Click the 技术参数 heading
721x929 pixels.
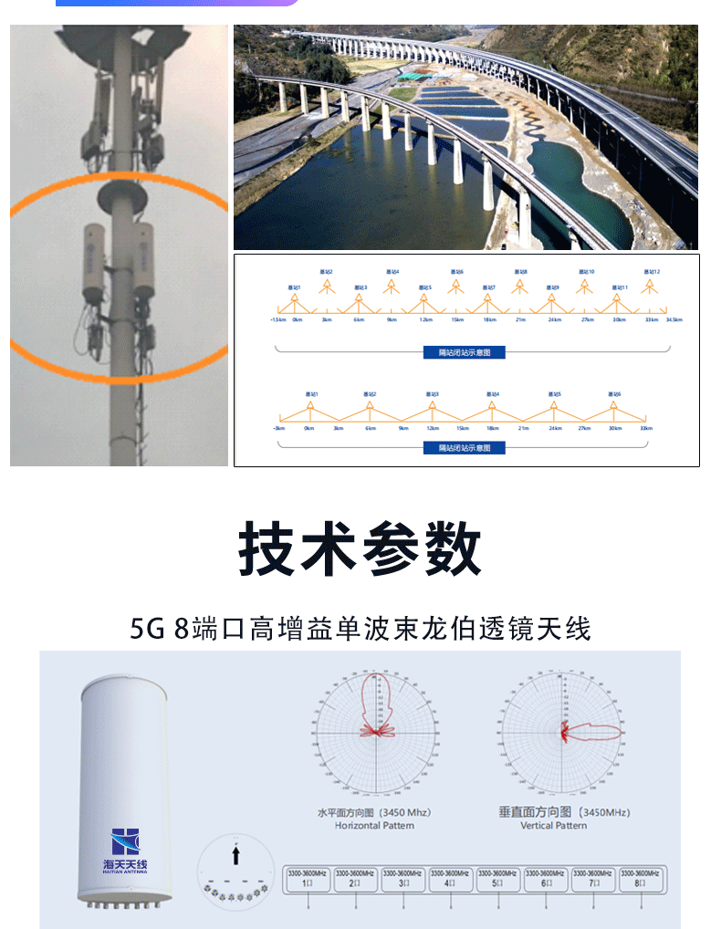pos(360,550)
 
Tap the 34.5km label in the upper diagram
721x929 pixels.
pos(674,320)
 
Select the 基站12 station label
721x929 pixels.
pos(651,272)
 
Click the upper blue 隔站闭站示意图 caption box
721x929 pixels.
pos(465,352)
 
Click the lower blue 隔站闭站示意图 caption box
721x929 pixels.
pos(465,448)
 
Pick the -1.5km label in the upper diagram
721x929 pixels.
pos(277,320)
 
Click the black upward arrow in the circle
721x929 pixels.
pos(235,854)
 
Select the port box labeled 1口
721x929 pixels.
pos(308,879)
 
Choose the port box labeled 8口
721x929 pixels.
pos(643,879)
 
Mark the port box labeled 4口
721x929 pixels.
pos(451,879)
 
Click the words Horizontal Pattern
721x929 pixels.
pos(374,826)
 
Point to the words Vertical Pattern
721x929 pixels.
pos(554,826)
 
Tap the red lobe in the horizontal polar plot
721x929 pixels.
pos(373,703)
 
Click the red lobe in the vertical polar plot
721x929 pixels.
pos(593,732)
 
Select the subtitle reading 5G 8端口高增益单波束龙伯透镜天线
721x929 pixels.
pos(360,629)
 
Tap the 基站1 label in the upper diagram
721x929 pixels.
pos(294,288)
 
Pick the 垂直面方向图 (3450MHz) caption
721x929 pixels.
pos(563,811)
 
